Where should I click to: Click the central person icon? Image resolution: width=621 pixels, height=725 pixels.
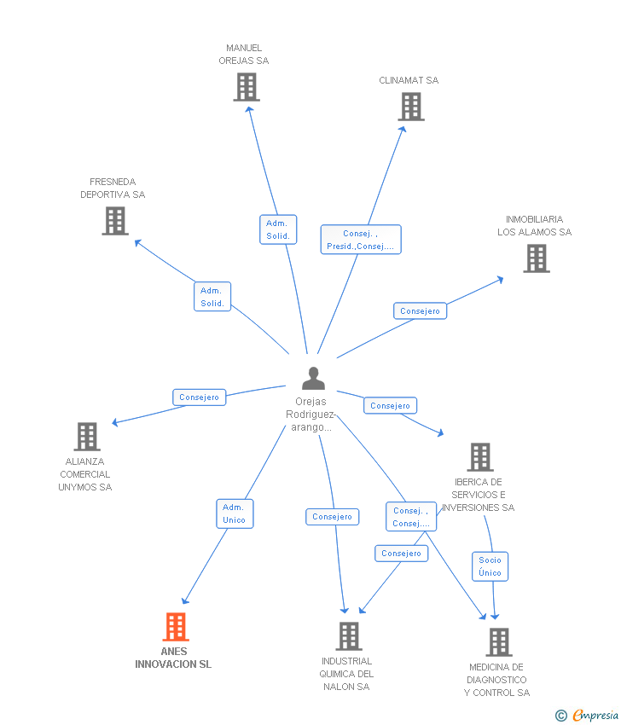(x=314, y=378)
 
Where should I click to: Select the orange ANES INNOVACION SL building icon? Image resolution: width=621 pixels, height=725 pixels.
(x=176, y=627)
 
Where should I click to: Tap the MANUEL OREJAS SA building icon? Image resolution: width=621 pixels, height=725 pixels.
(x=247, y=87)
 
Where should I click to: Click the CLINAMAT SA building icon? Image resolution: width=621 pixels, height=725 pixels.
(x=411, y=107)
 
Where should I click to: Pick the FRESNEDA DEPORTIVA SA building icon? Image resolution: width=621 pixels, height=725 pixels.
(x=115, y=221)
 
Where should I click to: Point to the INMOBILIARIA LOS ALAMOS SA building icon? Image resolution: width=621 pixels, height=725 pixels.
(x=537, y=258)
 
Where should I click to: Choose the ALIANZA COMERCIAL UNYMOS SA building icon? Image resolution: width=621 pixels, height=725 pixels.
(x=87, y=437)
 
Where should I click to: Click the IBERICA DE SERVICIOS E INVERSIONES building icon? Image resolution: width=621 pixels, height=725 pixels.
(x=480, y=457)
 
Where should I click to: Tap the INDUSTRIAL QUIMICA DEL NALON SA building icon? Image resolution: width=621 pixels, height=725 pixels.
(x=349, y=636)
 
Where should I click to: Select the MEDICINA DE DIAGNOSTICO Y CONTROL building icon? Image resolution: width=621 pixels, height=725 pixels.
(x=499, y=642)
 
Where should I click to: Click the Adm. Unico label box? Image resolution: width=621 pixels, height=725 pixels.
(x=235, y=513)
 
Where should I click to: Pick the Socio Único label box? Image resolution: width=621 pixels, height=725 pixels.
(x=490, y=566)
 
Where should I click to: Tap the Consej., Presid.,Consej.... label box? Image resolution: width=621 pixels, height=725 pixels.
(x=361, y=240)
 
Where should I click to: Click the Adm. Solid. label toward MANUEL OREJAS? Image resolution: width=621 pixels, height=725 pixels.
(x=278, y=229)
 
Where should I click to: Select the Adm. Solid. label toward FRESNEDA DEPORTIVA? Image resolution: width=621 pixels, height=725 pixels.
(x=212, y=297)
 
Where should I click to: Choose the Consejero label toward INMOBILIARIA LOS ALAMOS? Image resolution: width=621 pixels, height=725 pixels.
(x=421, y=311)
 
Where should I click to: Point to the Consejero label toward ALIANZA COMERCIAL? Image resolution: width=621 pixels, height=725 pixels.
(x=200, y=397)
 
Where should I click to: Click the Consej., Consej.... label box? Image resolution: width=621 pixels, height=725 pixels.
(x=411, y=517)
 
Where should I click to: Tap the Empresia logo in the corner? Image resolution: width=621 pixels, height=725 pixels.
(x=587, y=716)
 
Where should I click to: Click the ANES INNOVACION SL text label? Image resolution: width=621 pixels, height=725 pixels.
(x=173, y=658)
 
